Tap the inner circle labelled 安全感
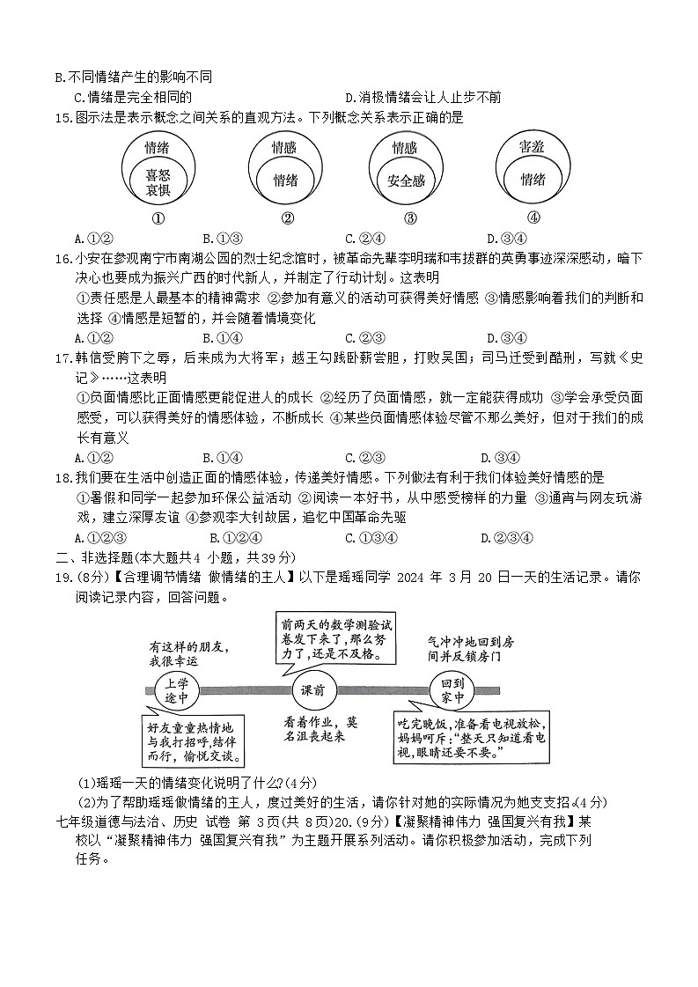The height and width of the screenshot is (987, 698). point(406,180)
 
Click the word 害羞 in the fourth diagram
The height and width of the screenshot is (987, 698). point(532,147)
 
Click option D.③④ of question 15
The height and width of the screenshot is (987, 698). point(506,238)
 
